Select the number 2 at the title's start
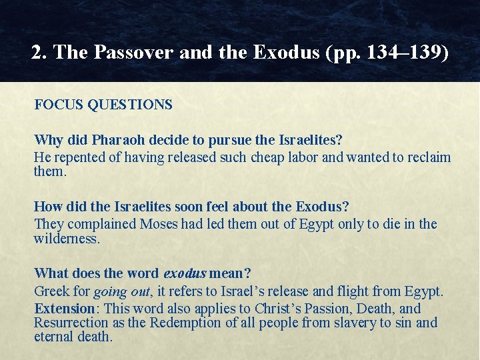pos(37,53)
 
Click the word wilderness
pos(67,239)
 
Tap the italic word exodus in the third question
pos(185,273)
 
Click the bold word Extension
pos(65,309)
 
